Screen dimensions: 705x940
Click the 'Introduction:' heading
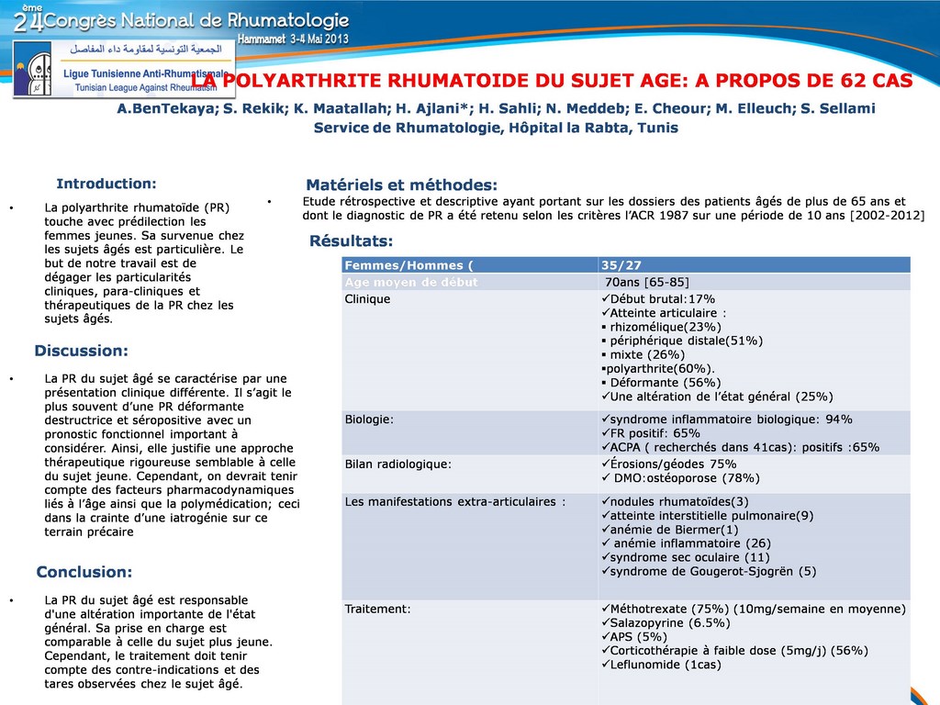106,184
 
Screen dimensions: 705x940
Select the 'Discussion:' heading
81,351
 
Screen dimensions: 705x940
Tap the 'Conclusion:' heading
84,572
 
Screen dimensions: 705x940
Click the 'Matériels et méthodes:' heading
401,185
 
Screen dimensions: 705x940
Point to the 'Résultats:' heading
351,241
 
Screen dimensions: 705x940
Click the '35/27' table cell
621,265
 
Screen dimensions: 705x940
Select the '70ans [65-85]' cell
647,282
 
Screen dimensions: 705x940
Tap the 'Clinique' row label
367,299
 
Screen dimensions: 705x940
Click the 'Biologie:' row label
369,420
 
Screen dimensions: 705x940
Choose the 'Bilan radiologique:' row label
397,464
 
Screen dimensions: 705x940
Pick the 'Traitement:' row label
377,609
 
